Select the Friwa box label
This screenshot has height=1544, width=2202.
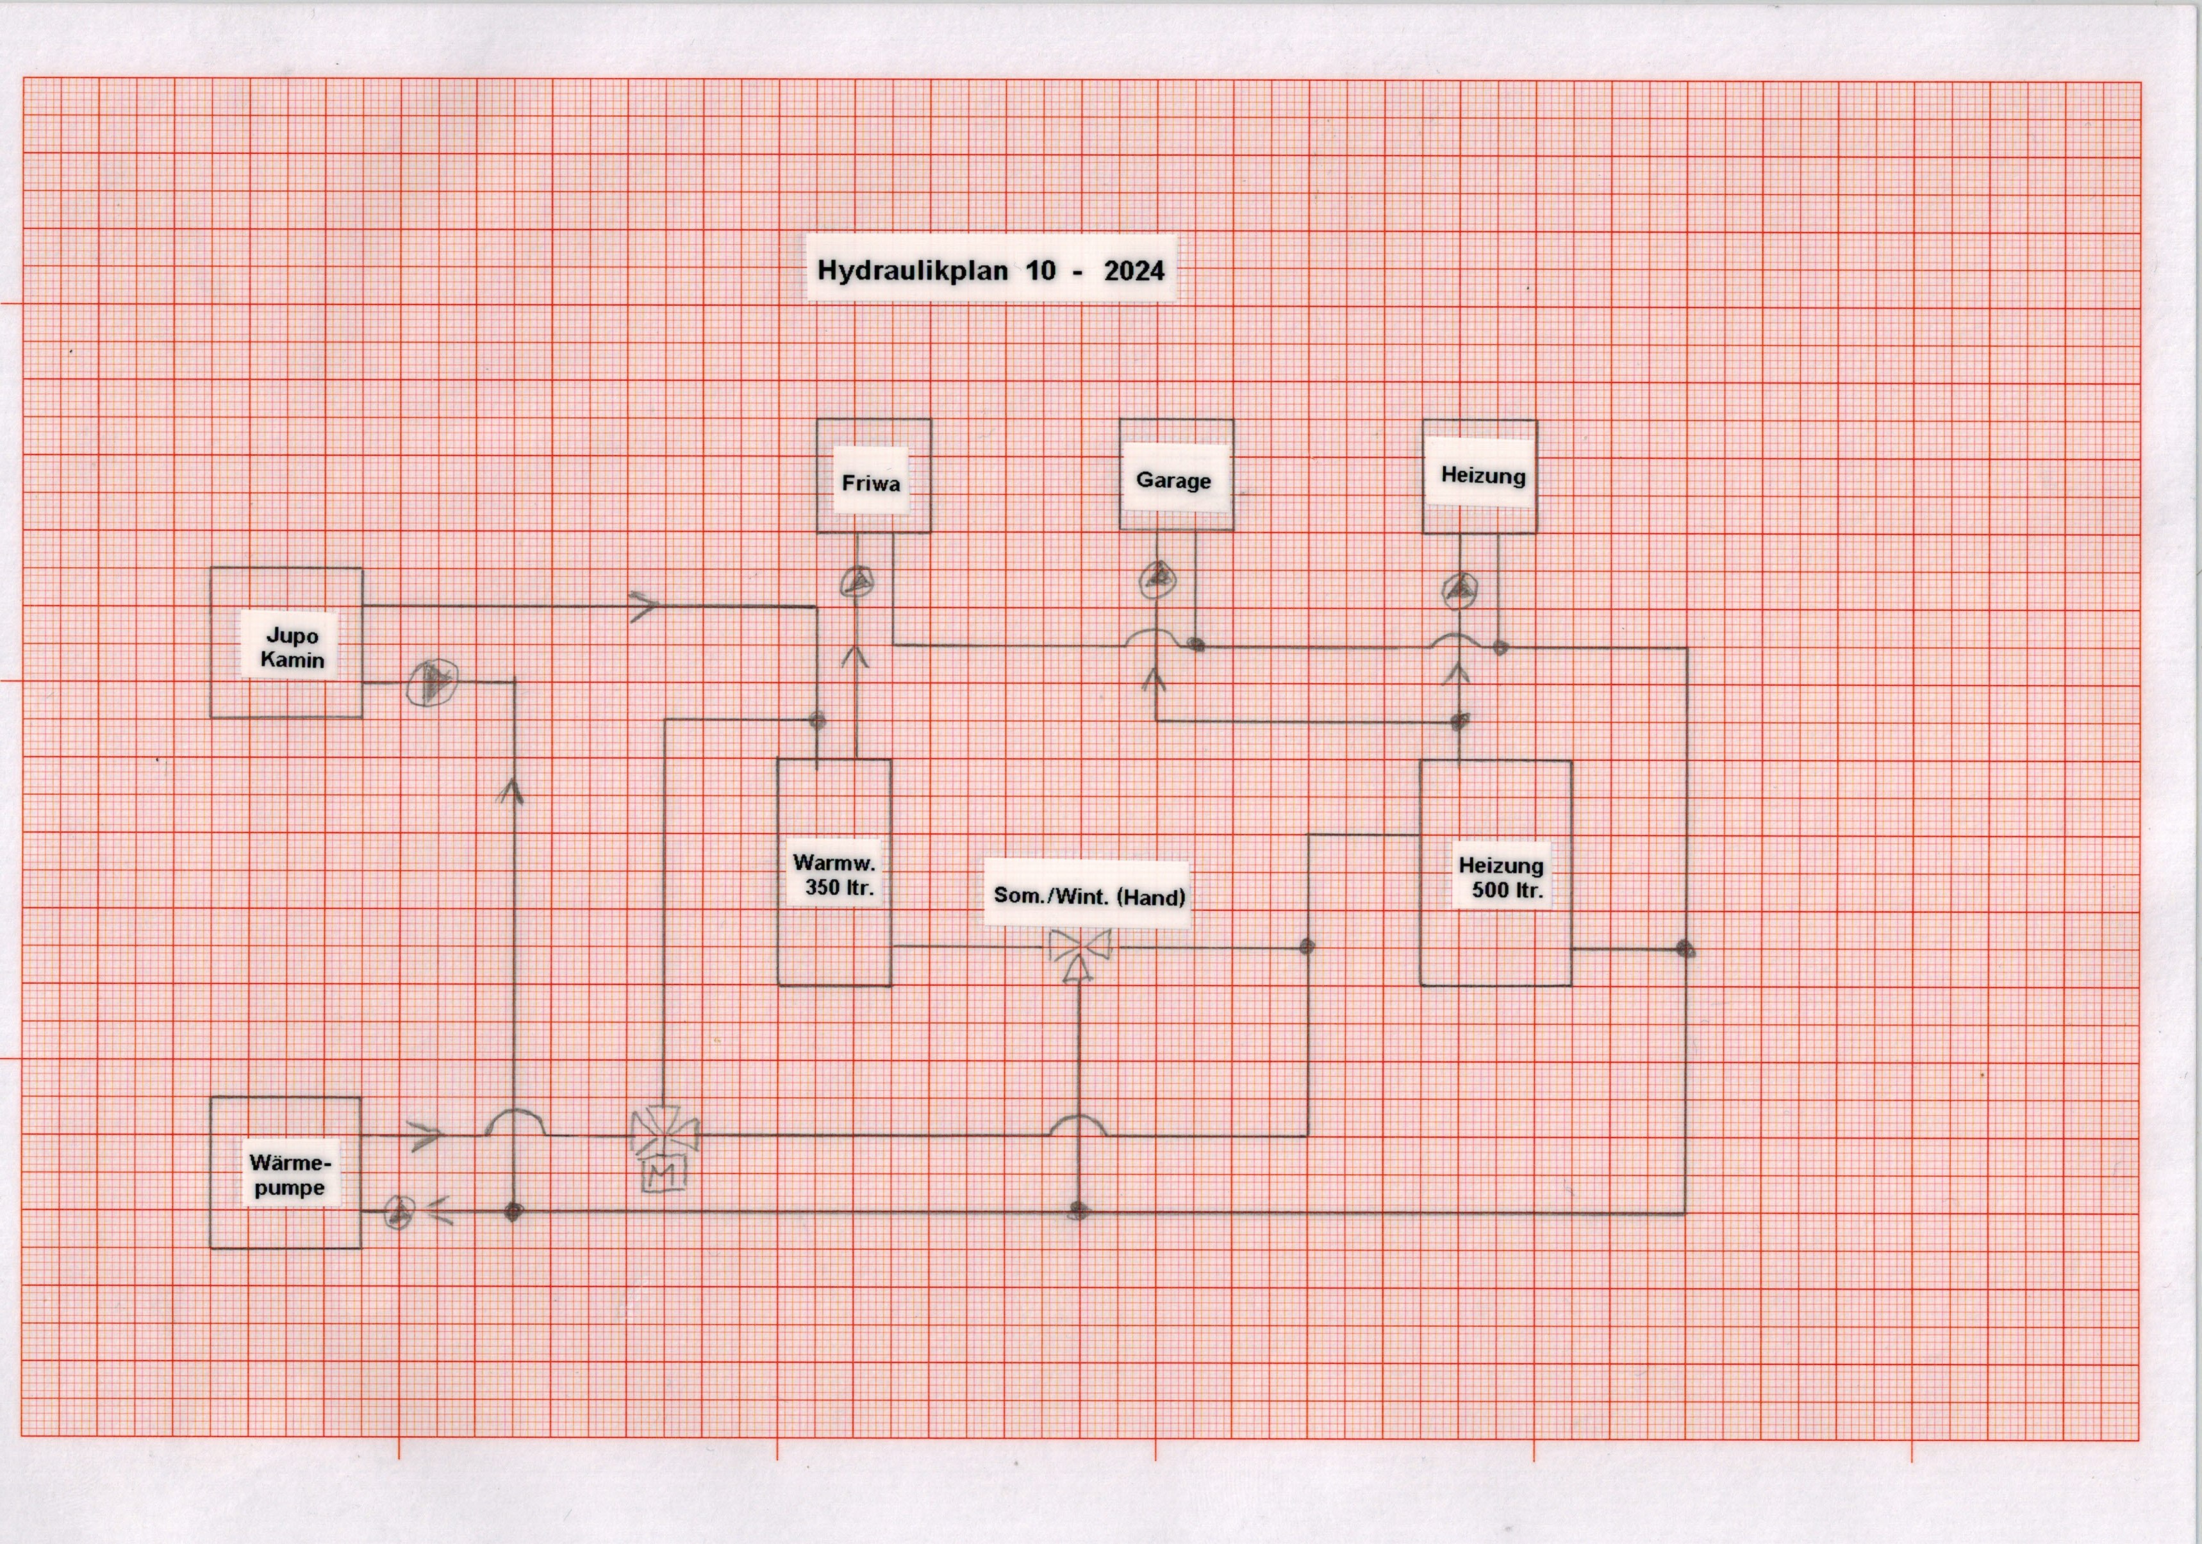tap(871, 483)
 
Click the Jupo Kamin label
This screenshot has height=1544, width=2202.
tap(292, 647)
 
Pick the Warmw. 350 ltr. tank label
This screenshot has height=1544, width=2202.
tap(835, 875)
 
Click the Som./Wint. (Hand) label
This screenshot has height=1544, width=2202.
tap(1089, 897)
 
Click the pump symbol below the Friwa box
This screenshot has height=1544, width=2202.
tap(856, 581)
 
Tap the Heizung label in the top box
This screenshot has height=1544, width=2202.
tap(1483, 476)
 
